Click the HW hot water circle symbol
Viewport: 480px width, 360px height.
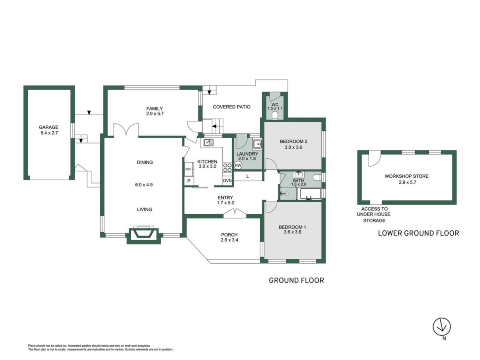coord(238,166)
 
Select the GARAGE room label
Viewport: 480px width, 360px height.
coord(48,127)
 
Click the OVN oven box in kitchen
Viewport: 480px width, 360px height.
coord(227,181)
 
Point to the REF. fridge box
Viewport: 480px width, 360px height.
coord(189,169)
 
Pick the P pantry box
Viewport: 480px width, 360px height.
coord(189,181)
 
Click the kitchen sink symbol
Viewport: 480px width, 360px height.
coord(208,142)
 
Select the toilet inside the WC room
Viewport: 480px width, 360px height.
coord(275,116)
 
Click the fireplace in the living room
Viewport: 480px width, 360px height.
coord(144,234)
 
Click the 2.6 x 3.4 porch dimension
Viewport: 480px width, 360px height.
coord(229,240)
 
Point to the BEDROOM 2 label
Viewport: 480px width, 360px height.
coord(294,142)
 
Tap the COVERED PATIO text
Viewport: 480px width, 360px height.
coord(232,107)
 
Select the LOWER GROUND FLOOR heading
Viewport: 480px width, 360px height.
coord(418,233)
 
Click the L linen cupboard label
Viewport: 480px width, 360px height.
coord(248,176)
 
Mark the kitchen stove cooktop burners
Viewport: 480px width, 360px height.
coord(227,168)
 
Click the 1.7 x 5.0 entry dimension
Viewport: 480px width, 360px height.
coord(226,203)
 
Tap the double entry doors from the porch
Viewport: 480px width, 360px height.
coord(235,213)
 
